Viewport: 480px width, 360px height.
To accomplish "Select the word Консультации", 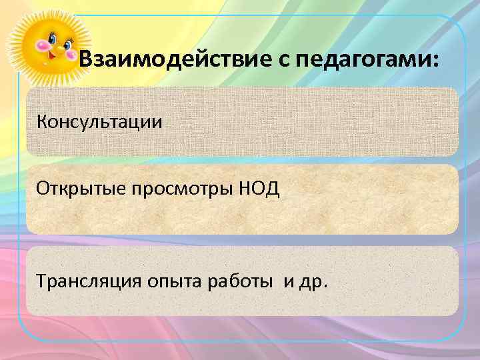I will [x=99, y=122].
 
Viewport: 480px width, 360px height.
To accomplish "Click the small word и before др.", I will [x=289, y=281].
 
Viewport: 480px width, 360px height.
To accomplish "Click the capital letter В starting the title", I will [x=87, y=61].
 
